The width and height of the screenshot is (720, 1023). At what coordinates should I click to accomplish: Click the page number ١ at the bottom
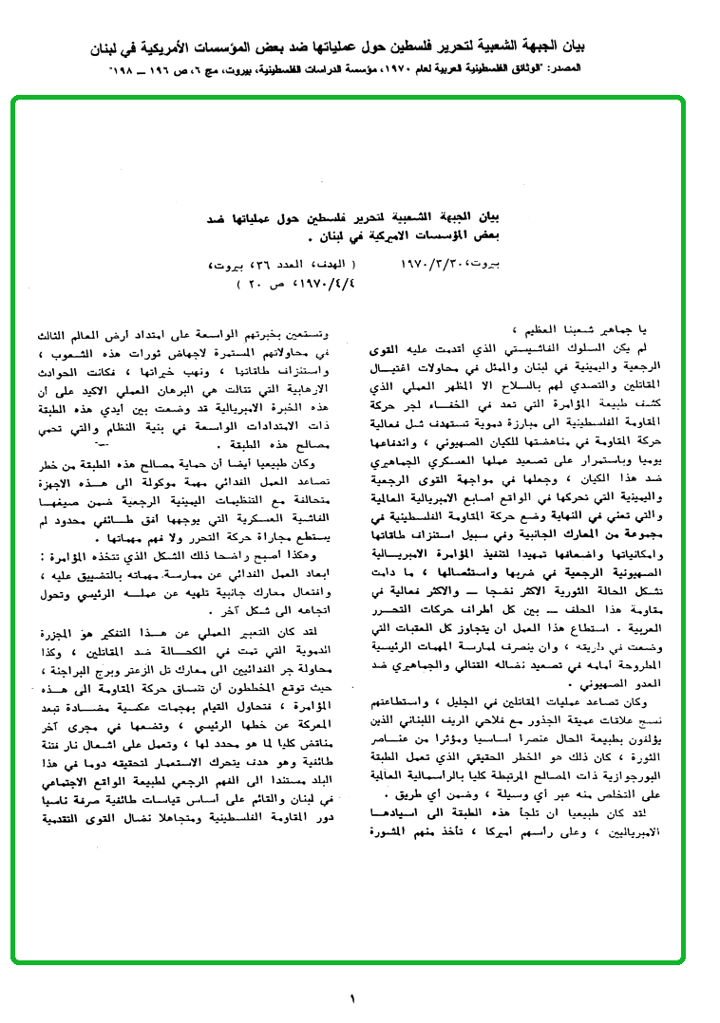[x=352, y=998]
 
